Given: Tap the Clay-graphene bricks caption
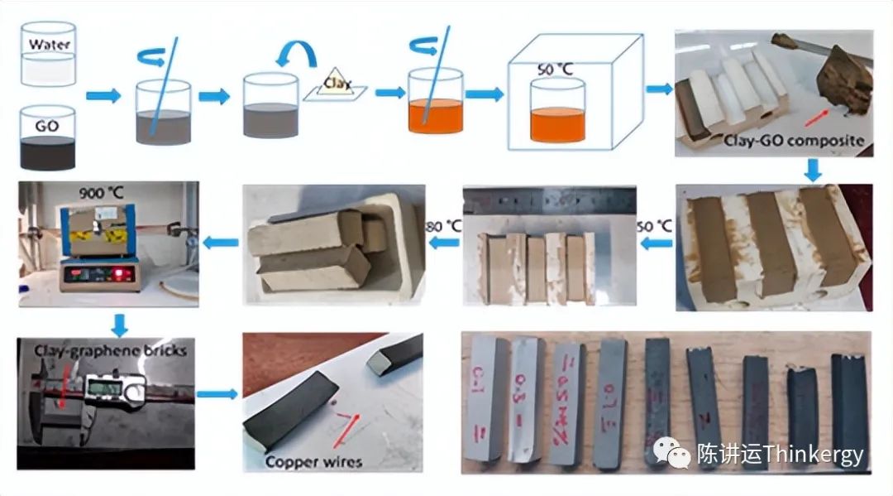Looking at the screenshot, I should point(110,350).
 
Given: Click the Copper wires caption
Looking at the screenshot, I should point(313,460).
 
